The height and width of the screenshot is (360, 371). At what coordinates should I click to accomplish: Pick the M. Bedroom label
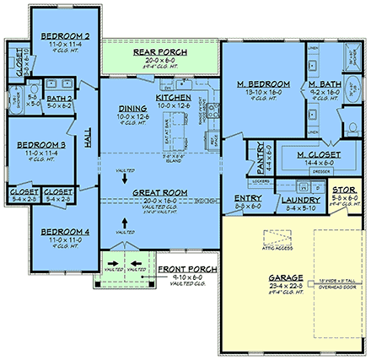265,84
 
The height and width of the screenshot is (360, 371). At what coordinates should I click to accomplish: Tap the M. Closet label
320,154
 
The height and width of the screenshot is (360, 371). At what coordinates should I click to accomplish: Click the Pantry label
257,153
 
